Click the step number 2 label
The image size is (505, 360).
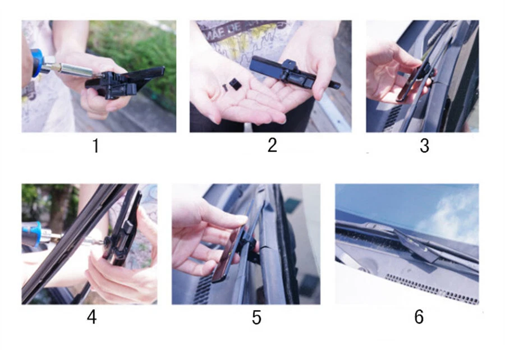(x=272, y=145)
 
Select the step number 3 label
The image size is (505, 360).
(x=424, y=146)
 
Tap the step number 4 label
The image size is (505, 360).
(x=91, y=317)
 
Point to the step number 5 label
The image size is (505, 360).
(x=256, y=318)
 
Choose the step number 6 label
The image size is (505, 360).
(x=419, y=317)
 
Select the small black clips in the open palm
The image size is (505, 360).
(x=230, y=86)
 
